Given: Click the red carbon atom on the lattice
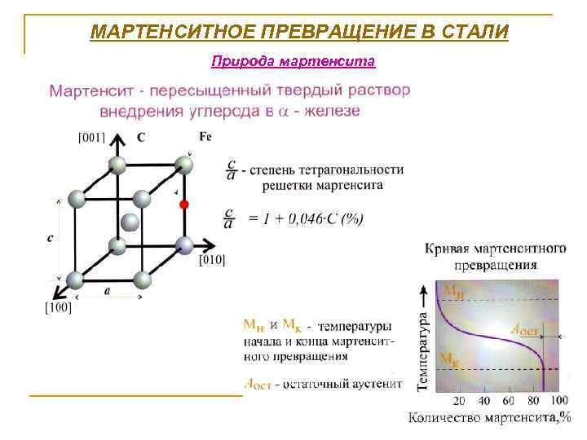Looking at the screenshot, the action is (x=184, y=203).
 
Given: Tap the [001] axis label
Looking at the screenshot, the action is (x=90, y=138).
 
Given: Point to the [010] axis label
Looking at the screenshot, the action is (x=212, y=260).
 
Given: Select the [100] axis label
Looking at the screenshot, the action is (x=58, y=307).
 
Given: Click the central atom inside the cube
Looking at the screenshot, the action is (x=129, y=222).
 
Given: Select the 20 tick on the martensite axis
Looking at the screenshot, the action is (x=459, y=401).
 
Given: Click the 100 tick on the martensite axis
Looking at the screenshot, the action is (x=559, y=401).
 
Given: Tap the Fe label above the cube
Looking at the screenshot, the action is (x=205, y=136).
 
